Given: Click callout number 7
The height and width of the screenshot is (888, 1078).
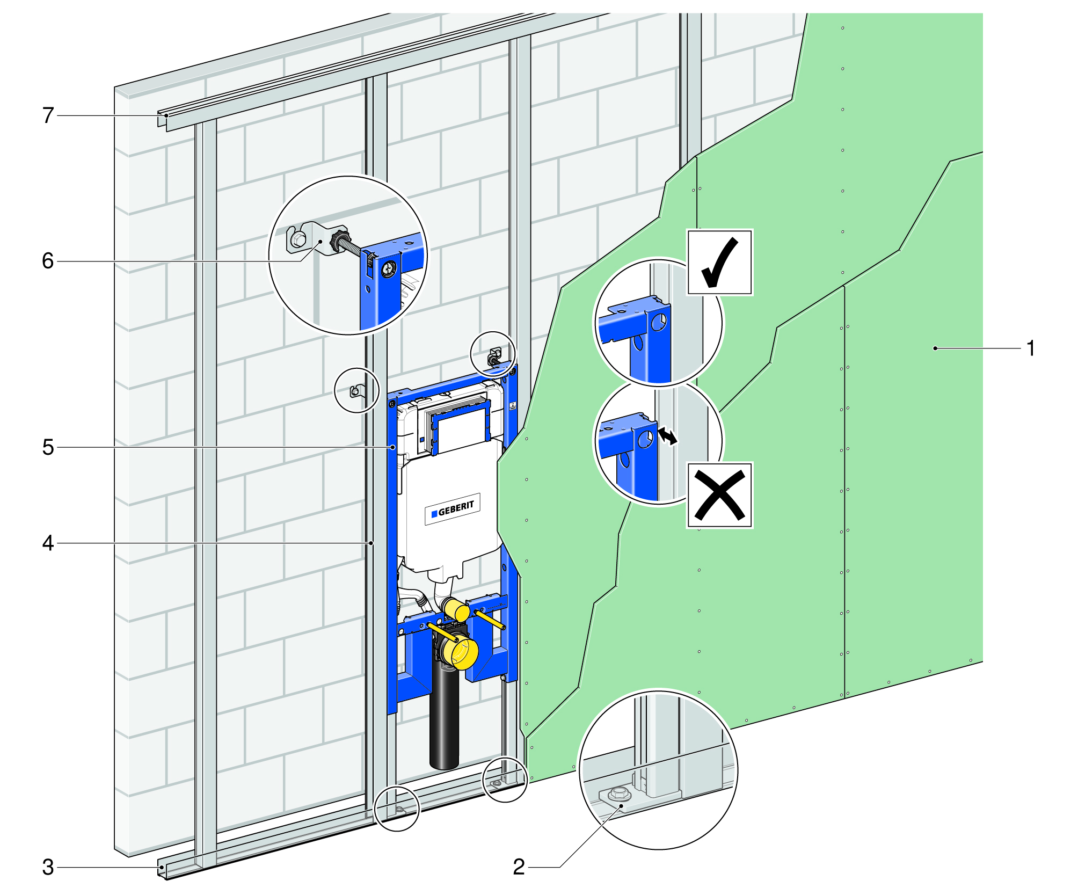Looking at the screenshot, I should (x=48, y=115).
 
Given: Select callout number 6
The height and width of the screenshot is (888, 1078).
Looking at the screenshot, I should (x=48, y=261).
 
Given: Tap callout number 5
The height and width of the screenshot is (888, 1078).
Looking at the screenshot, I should (x=48, y=447).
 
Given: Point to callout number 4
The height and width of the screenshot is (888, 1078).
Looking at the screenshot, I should (x=48, y=543).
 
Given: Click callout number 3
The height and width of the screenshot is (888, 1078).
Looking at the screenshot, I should (x=48, y=867).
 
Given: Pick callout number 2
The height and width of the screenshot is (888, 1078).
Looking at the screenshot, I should (x=519, y=867).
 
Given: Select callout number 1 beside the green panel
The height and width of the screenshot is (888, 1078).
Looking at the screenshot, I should (x=1030, y=348).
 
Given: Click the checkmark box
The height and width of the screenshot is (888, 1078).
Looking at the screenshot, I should (x=719, y=262).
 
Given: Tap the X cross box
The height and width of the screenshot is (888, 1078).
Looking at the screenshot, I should (x=719, y=494).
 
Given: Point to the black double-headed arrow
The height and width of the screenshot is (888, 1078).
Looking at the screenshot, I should (x=668, y=435).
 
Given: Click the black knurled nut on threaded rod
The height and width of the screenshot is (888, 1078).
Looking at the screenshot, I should (x=340, y=240).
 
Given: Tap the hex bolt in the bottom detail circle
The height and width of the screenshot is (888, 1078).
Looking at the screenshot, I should (x=620, y=792).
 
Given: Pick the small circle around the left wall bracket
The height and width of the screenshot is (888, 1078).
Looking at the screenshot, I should (x=356, y=390).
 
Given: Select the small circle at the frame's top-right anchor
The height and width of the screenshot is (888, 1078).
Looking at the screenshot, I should (x=493, y=354).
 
